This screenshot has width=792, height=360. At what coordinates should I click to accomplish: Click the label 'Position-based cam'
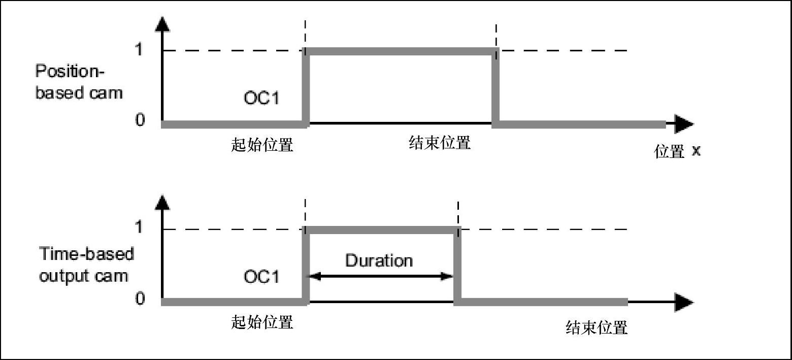coord(79,82)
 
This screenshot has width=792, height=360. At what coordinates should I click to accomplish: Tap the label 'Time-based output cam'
coord(86,265)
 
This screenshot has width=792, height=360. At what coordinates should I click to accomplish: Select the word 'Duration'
coord(379,260)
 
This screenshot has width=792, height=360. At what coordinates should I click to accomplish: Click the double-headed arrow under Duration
coord(381,277)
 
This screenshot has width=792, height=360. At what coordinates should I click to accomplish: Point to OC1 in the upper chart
coord(261,97)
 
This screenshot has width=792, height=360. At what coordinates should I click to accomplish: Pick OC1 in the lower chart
coord(261,277)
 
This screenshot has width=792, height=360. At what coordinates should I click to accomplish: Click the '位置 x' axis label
coord(677,151)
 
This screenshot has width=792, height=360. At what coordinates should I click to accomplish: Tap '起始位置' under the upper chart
coord(262,145)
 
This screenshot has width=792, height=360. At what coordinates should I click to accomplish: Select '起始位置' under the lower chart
coord(262,322)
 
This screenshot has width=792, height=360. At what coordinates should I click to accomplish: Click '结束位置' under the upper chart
coord(440,143)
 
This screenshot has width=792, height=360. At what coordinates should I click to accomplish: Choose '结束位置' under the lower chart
coord(597,328)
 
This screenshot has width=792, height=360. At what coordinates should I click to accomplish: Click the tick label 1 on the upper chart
coord(139,50)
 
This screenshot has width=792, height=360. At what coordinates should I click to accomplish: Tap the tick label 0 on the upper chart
coord(140,120)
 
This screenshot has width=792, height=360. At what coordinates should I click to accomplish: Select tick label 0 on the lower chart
coord(140,299)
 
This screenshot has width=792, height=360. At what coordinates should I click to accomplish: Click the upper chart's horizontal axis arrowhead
coord(684,124)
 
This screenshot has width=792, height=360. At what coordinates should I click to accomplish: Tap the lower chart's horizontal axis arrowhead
coord(684,303)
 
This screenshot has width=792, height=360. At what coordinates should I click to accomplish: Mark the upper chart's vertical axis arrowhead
coord(162,23)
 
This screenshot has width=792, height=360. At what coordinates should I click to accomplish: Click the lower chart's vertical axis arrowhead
coord(162,202)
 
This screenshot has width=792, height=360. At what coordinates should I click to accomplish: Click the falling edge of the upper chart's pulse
coord(496,86)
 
